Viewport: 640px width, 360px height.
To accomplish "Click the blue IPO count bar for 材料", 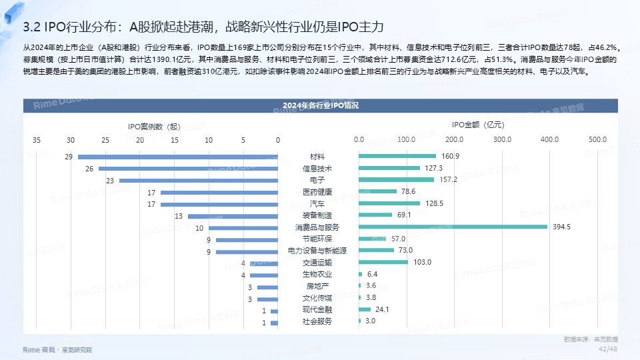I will [177, 157].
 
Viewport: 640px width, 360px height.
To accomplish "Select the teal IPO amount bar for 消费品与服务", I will [453, 227].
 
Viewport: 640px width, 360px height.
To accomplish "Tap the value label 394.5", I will [562, 227].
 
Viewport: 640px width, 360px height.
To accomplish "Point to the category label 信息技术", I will [317, 169].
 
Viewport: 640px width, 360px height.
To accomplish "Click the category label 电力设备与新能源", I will [317, 251].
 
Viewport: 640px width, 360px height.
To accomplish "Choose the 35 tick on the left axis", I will [36, 140].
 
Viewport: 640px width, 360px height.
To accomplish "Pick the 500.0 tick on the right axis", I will [597, 140].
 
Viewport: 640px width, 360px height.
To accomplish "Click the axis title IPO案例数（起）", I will [154, 125].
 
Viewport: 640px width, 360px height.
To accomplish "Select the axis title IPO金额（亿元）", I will [477, 125].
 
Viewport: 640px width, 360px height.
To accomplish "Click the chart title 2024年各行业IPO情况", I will [320, 106].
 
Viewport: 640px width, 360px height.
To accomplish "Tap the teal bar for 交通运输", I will [383, 262].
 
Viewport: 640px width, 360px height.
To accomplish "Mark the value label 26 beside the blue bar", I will [89, 169].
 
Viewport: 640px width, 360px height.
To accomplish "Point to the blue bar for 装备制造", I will [233, 216].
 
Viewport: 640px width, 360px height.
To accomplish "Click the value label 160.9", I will [451, 157].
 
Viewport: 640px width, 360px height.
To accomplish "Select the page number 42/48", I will [608, 349].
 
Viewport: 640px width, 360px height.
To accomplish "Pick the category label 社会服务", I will [317, 321].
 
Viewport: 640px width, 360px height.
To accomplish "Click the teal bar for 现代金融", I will [365, 309].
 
